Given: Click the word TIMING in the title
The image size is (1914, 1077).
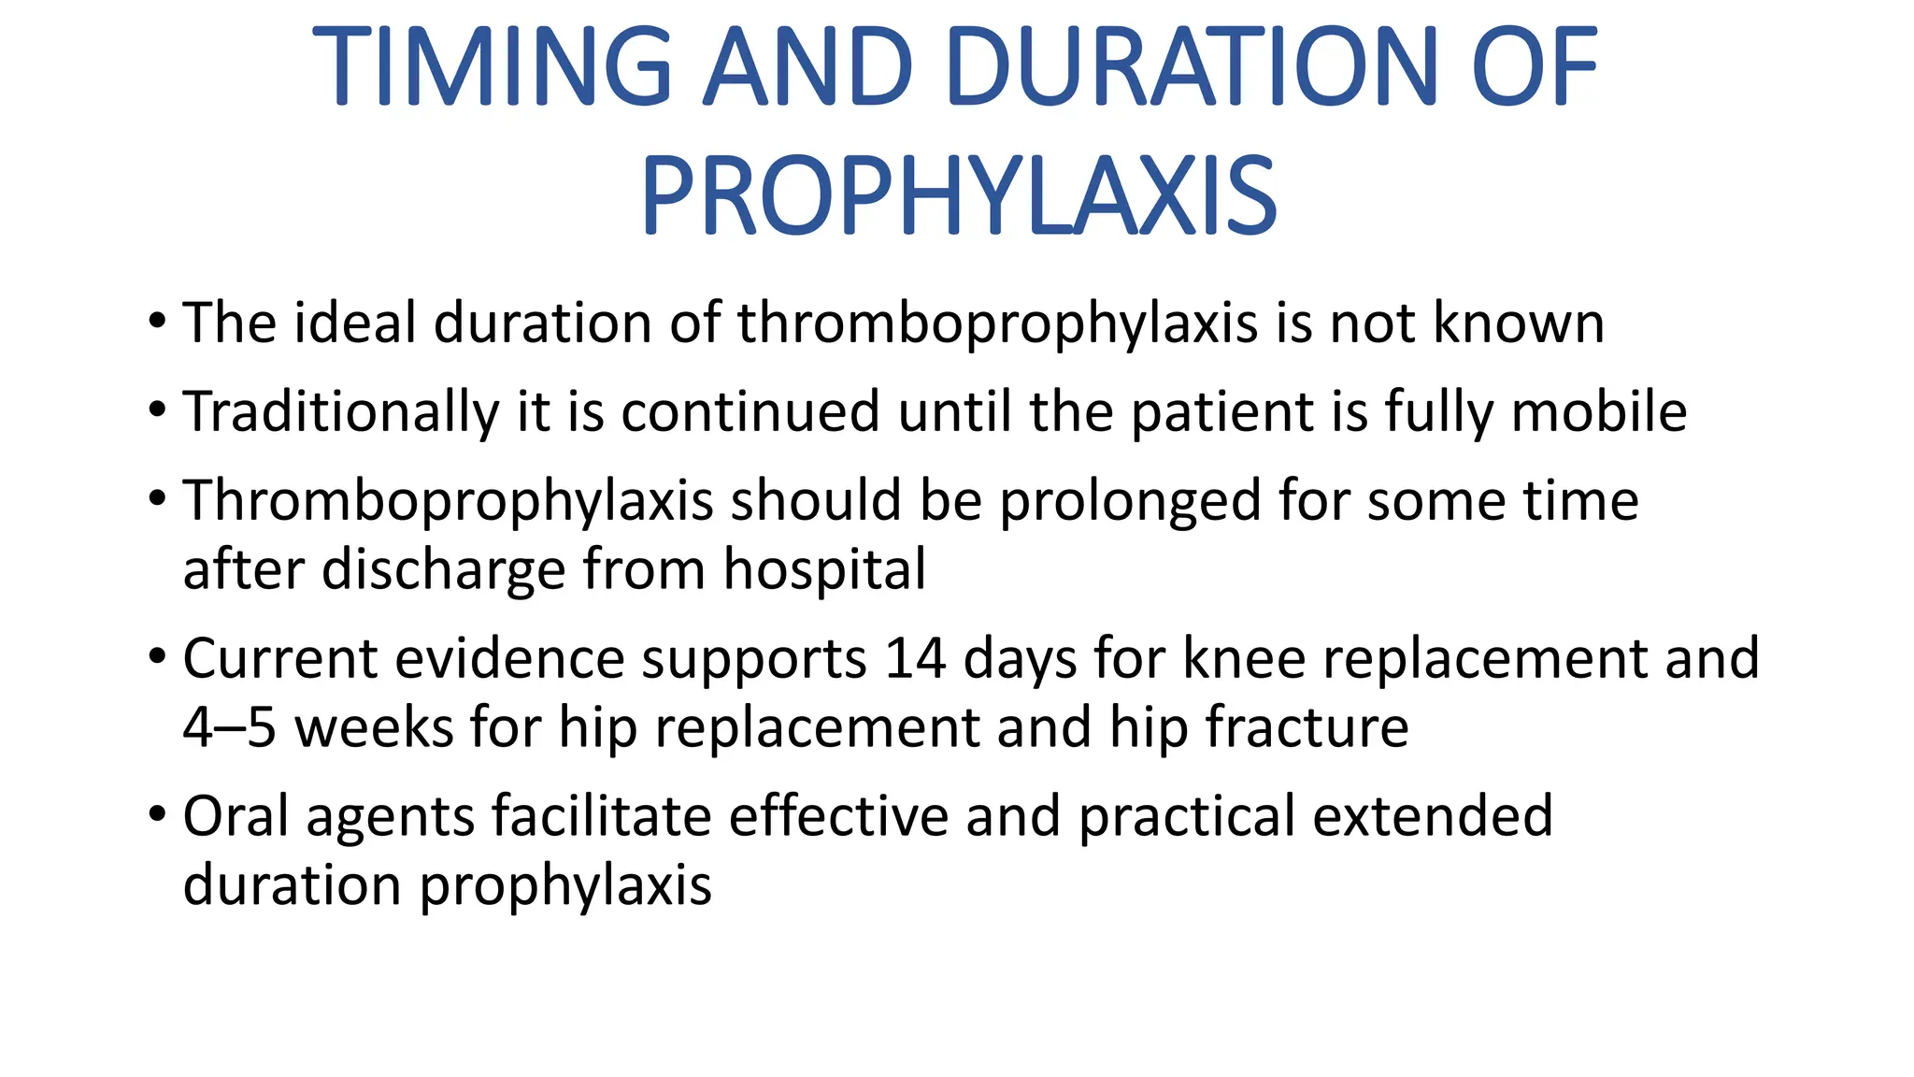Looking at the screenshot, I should pos(492,67).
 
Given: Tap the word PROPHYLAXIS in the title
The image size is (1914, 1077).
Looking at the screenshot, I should pos(958,197).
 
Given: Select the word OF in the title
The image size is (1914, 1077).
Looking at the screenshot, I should pos(1534,67).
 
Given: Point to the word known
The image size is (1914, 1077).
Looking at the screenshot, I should pos(1518,323).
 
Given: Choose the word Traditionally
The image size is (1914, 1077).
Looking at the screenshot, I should pos(341,412).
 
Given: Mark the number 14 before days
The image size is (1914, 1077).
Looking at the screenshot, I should pos(915,659).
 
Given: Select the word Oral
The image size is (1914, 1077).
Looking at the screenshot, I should pos(236,816).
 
